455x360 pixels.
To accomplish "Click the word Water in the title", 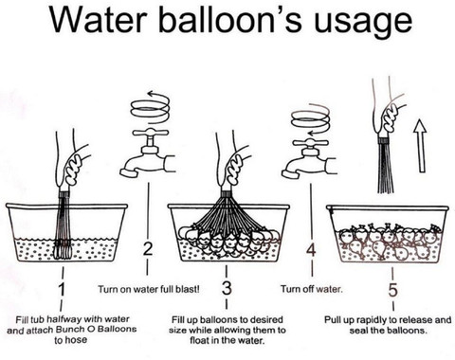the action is point(97,20).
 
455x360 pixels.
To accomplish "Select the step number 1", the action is point(63,290).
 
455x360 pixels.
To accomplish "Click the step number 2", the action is point(148,249).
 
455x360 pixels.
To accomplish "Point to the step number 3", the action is point(227,288).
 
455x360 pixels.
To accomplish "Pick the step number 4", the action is point(311,251).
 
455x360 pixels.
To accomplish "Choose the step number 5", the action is point(392,290).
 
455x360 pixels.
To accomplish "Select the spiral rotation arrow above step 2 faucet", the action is point(151,107).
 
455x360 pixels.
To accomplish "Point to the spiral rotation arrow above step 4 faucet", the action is point(311,120).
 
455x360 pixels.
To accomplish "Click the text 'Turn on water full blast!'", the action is point(149,289).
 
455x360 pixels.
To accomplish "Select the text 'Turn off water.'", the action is point(312,289).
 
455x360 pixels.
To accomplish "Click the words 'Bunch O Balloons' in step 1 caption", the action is point(96,329).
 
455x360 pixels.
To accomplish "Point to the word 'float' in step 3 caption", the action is point(198,341).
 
